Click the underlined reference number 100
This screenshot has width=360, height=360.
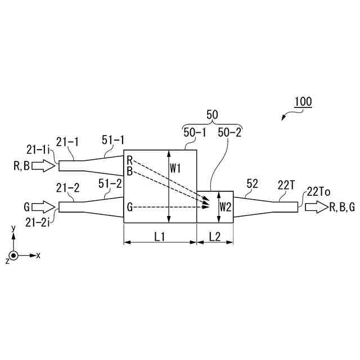pyautogui.click(x=303, y=102)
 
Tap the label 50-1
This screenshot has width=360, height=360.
pyautogui.click(x=195, y=133)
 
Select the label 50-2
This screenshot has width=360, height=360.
pyautogui.click(x=229, y=133)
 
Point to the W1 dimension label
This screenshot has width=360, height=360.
pyautogui.click(x=175, y=169)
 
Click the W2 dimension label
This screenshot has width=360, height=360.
pyautogui.click(x=225, y=208)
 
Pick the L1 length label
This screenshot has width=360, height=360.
pyautogui.click(x=160, y=237)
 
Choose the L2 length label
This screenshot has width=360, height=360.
pyautogui.click(x=215, y=237)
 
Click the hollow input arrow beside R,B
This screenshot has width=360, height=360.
pyautogui.click(x=43, y=165)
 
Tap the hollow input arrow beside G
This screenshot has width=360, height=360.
pyautogui.click(x=43, y=207)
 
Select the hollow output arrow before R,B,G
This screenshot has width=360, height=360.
pyautogui.click(x=316, y=207)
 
